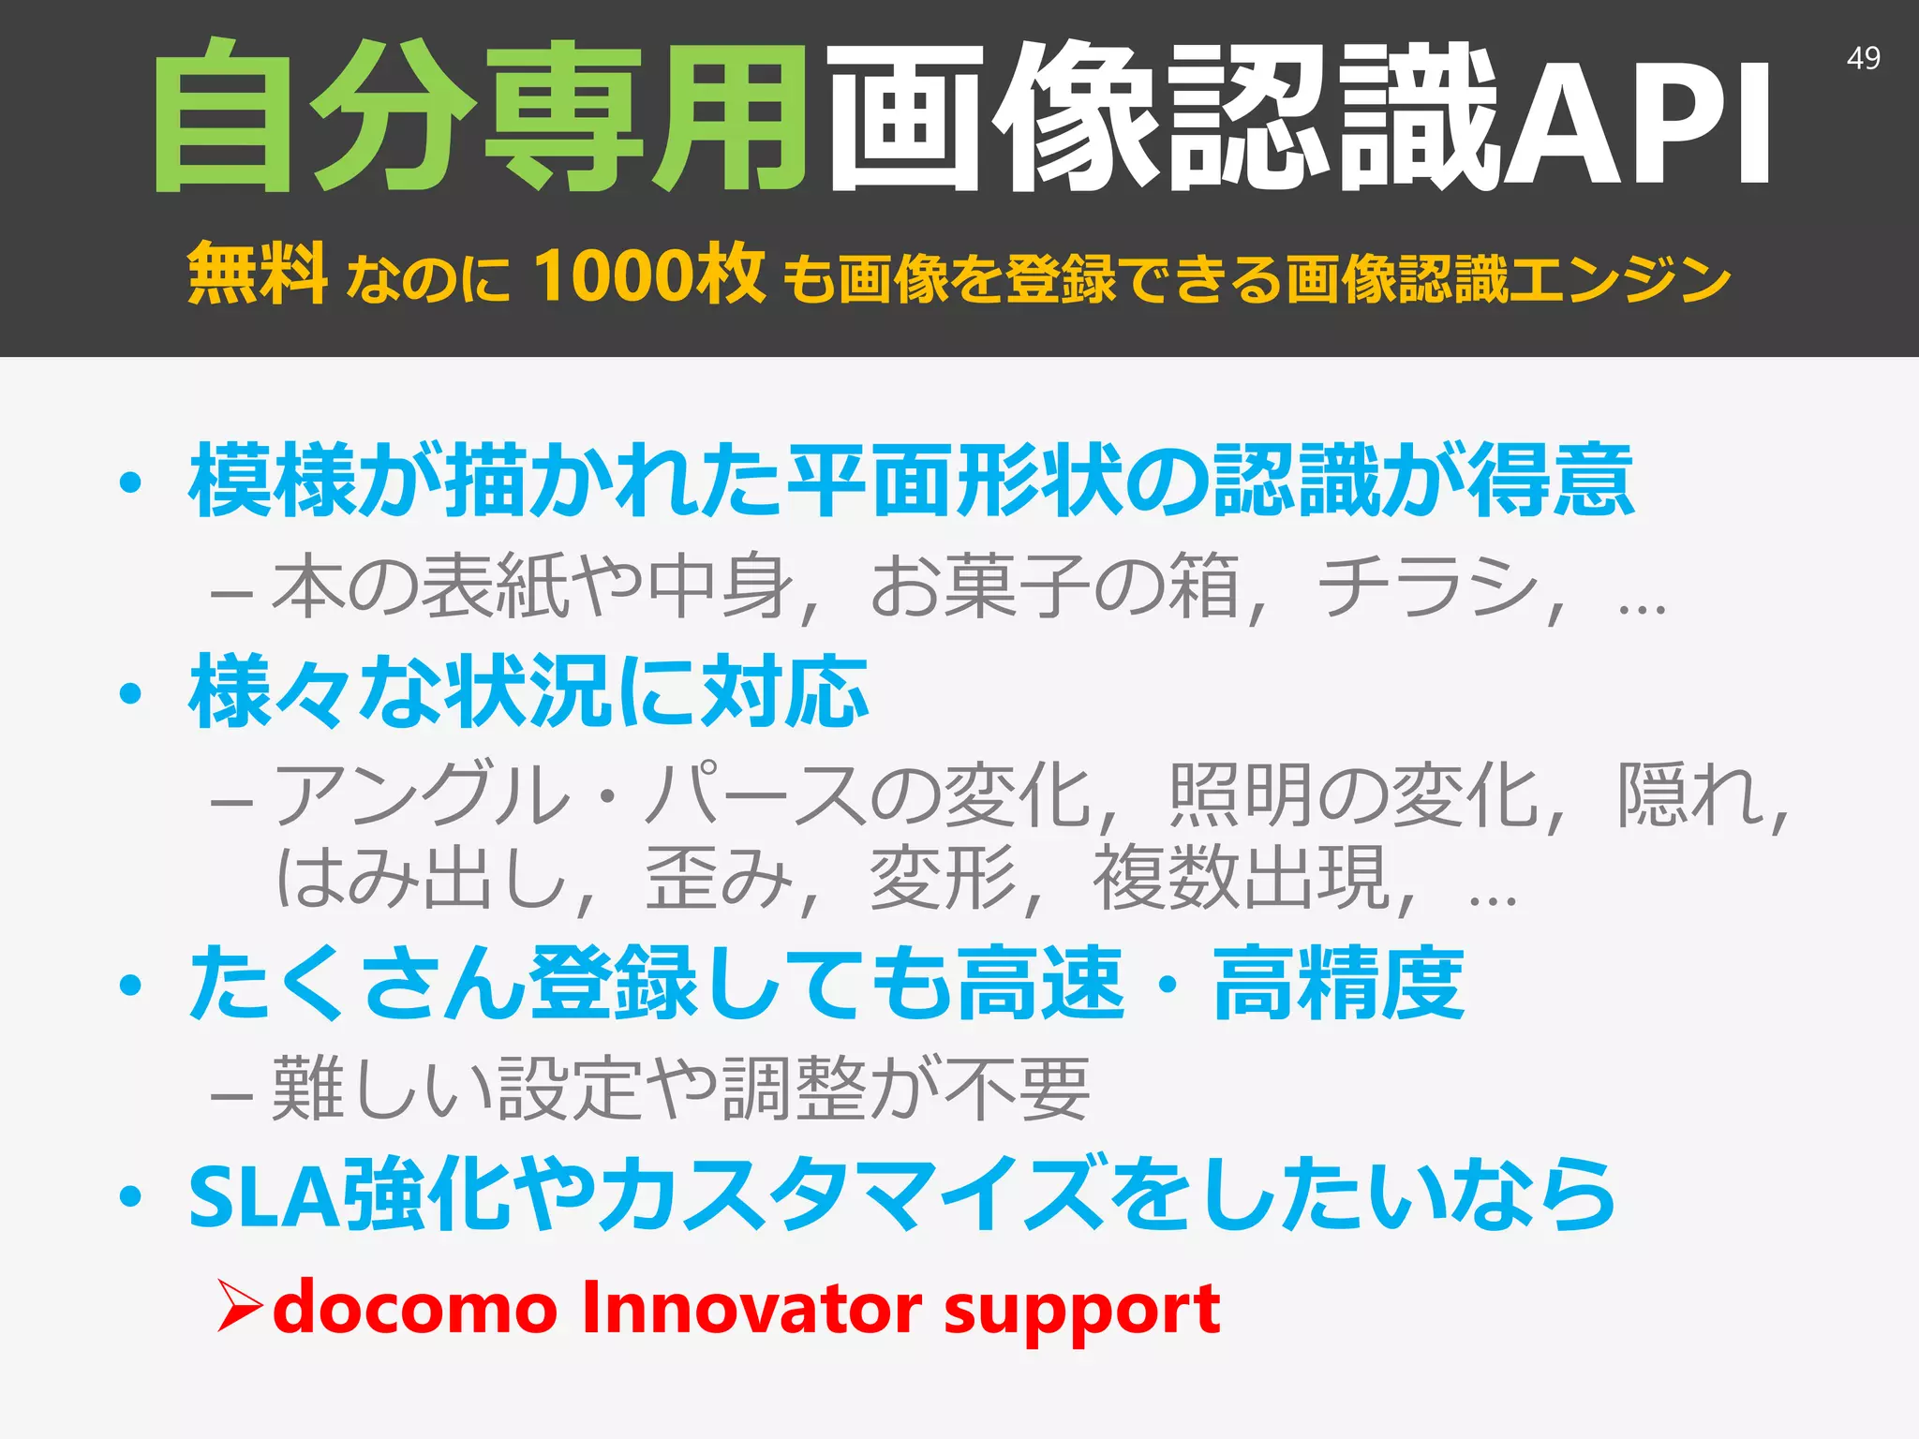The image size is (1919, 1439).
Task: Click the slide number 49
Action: click(x=1863, y=58)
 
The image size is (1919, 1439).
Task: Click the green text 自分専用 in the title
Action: click(x=480, y=116)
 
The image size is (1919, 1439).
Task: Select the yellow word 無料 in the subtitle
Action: click(x=257, y=274)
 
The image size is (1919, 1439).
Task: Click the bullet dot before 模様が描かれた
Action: click(x=130, y=483)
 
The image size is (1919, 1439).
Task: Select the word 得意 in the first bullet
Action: click(x=1551, y=480)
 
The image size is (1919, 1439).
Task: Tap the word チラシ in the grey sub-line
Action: click(x=1428, y=587)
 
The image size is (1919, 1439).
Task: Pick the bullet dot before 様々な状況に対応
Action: click(x=130, y=694)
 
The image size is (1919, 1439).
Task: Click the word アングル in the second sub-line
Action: click(x=422, y=795)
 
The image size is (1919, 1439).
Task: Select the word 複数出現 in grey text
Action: click(x=1241, y=878)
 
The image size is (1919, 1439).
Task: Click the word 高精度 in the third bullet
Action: click(x=1339, y=983)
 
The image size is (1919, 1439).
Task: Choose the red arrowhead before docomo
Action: click(x=240, y=1305)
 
